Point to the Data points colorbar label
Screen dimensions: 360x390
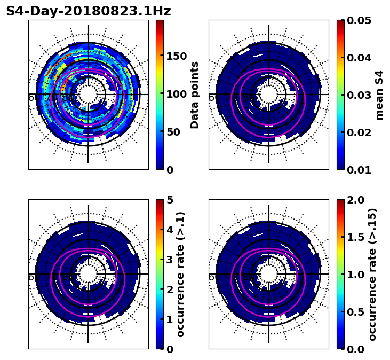(195, 95)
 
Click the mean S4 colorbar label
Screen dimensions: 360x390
(379, 95)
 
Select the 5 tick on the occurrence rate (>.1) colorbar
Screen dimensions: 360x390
(170, 200)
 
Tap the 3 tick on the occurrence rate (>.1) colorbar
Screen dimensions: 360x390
(170, 260)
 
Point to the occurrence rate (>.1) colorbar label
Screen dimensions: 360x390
(180, 274)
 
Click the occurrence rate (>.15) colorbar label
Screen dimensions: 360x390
(372, 274)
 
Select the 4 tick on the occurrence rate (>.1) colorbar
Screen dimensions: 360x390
(170, 230)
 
